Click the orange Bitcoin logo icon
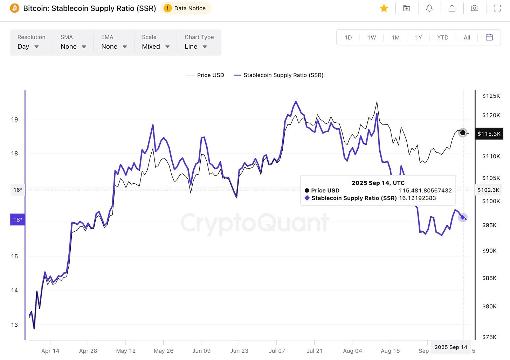pos(15,8)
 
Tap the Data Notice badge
pos(186,8)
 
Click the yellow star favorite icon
pos(384,8)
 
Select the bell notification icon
pos(429,8)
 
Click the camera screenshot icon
pos(474,8)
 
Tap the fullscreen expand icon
pos(497,8)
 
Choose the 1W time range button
pos(372,38)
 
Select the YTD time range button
pos(443,38)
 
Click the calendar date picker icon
pos(489,38)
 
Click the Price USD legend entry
pos(206,75)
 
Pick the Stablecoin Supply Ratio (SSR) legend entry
pos(279,75)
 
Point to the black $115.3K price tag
pos(489,134)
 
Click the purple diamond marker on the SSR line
pos(463,218)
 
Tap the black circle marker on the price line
pos(463,133)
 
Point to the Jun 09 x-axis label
pos(201,351)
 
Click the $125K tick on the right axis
pos(491,96)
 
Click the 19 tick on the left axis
pos(14,120)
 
